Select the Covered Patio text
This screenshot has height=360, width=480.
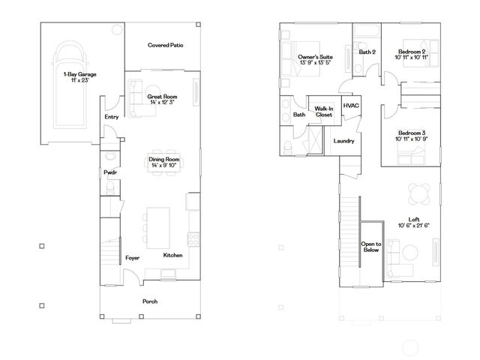166,45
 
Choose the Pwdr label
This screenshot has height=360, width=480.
109,173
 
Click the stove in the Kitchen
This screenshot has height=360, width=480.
193,240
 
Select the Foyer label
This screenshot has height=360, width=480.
133,257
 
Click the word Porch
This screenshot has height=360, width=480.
151,301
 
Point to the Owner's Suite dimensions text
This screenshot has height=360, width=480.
315,62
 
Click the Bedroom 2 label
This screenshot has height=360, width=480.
412,52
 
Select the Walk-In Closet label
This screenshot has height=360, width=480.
324,112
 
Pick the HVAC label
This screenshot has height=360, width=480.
352,106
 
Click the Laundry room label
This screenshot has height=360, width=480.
343,140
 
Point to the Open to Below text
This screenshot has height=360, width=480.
371,248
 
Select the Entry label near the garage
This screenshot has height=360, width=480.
112,116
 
